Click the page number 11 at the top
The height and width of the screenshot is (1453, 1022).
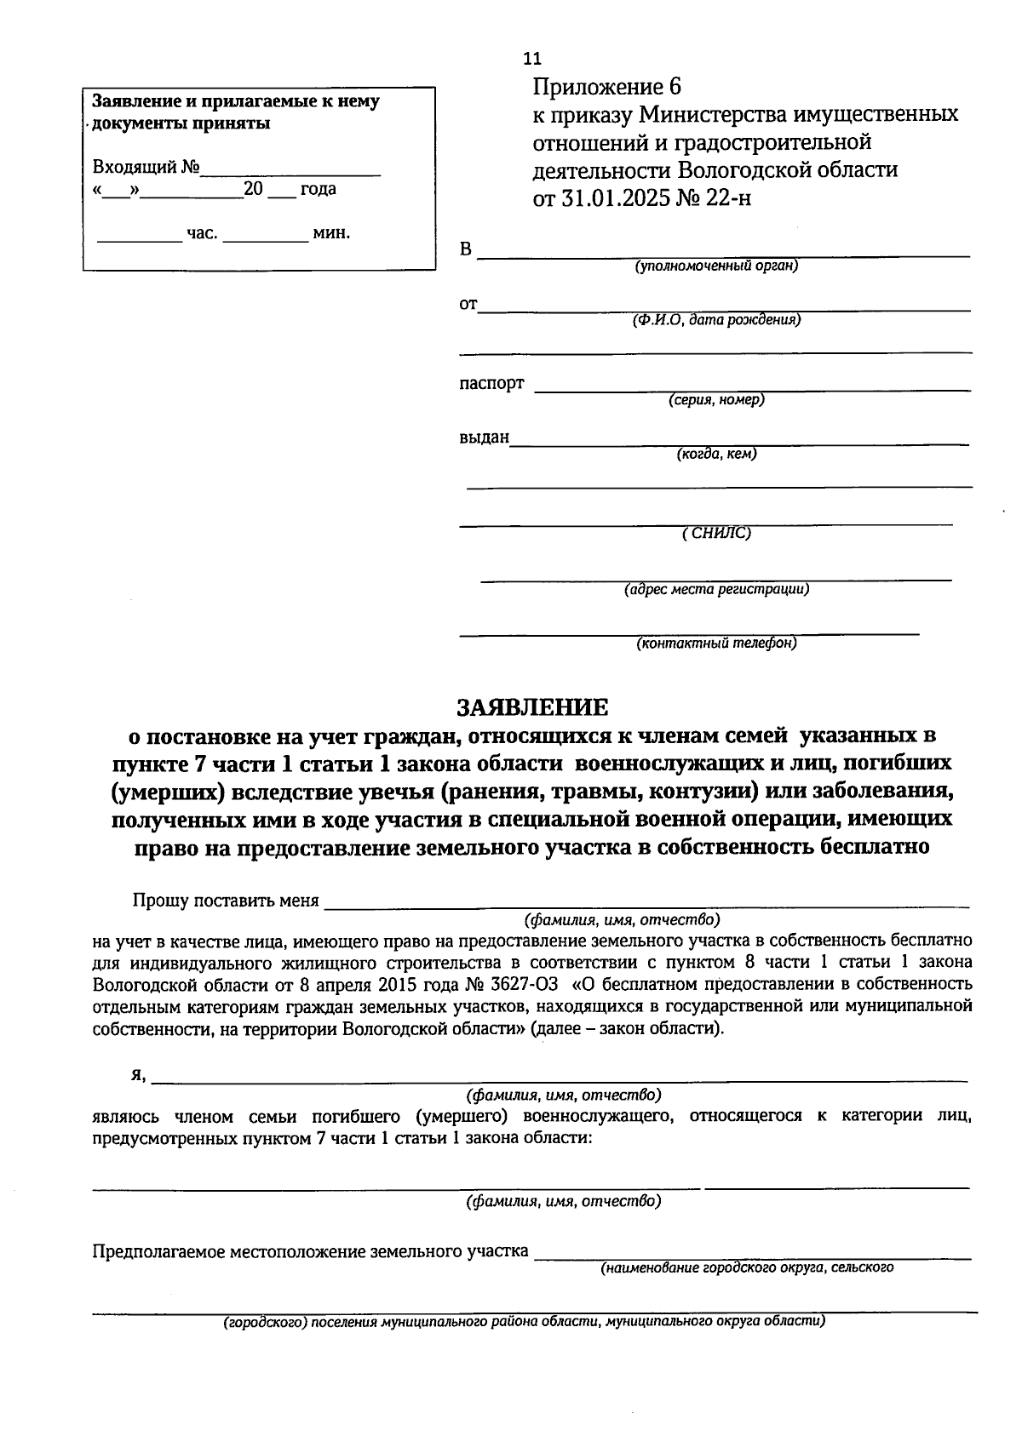[532, 59]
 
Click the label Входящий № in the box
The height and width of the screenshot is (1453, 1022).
[146, 167]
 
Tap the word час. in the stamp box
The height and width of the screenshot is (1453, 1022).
[202, 233]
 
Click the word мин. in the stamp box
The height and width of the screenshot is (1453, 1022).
[331, 233]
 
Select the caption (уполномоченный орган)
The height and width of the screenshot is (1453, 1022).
[715, 266]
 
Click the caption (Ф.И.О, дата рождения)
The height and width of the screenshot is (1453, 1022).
[715, 321]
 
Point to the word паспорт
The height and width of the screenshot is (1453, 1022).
[492, 383]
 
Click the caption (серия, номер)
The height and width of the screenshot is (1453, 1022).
[715, 400]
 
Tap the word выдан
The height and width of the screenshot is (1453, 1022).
[484, 438]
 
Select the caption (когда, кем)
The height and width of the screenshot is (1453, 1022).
[716, 455]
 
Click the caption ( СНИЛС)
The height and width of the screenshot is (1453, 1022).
[716, 534]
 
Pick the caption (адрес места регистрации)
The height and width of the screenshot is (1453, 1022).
[716, 589]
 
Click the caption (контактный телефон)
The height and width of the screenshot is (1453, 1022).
[716, 644]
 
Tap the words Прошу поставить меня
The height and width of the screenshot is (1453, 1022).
[226, 901]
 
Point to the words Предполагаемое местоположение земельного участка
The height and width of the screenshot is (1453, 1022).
[310, 1252]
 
